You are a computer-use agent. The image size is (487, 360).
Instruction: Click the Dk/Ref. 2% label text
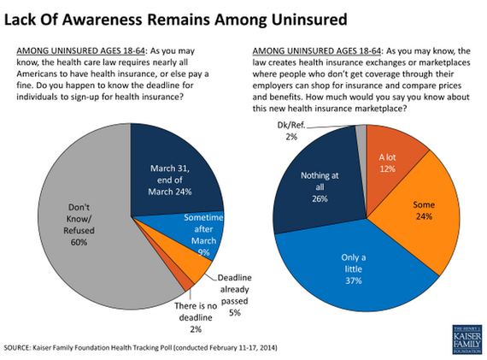point(291,131)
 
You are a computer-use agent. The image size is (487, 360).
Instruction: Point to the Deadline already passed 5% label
point(235,295)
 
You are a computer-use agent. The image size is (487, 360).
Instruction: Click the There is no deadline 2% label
point(196,317)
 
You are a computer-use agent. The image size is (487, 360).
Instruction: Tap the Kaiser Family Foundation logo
point(467,339)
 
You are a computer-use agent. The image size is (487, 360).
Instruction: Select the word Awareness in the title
point(103,20)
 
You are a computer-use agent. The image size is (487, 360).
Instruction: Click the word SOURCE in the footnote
point(16,347)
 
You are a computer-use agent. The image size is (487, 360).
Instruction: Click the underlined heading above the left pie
point(81,50)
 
